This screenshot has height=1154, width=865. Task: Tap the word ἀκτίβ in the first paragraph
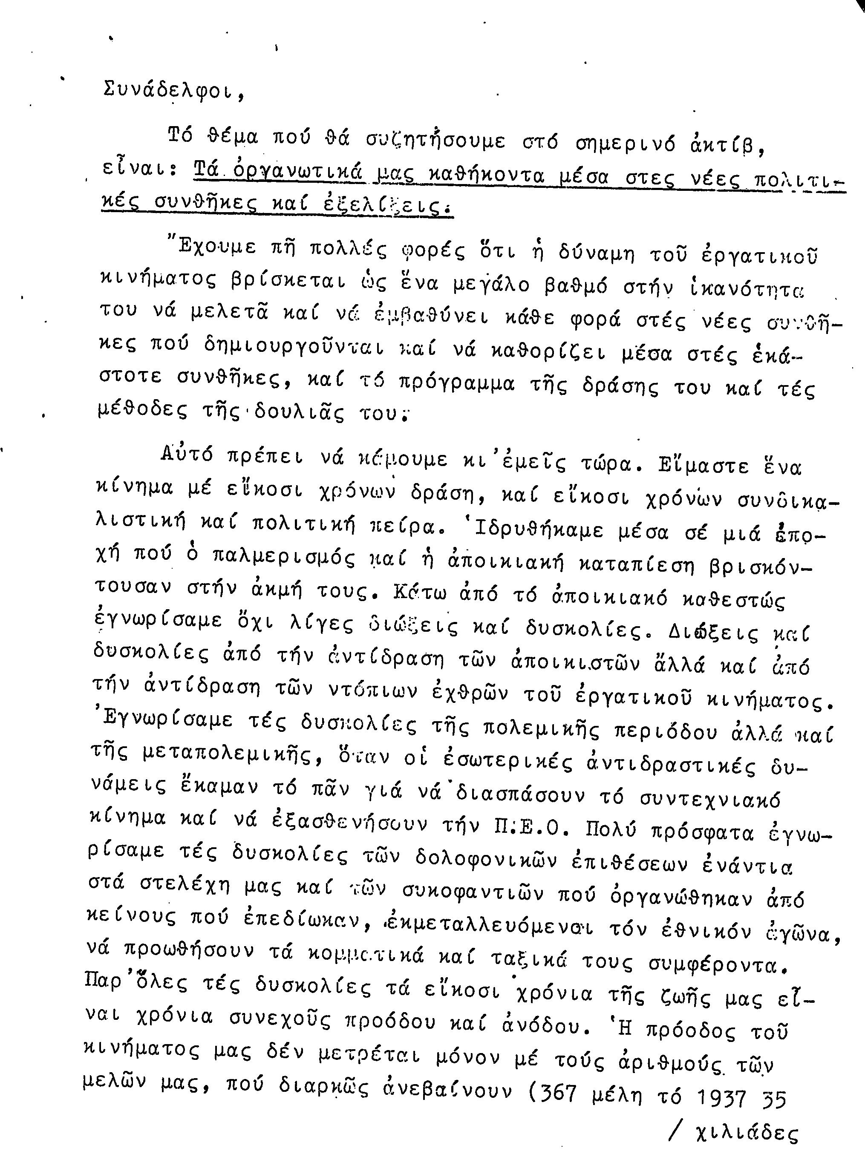728,142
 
